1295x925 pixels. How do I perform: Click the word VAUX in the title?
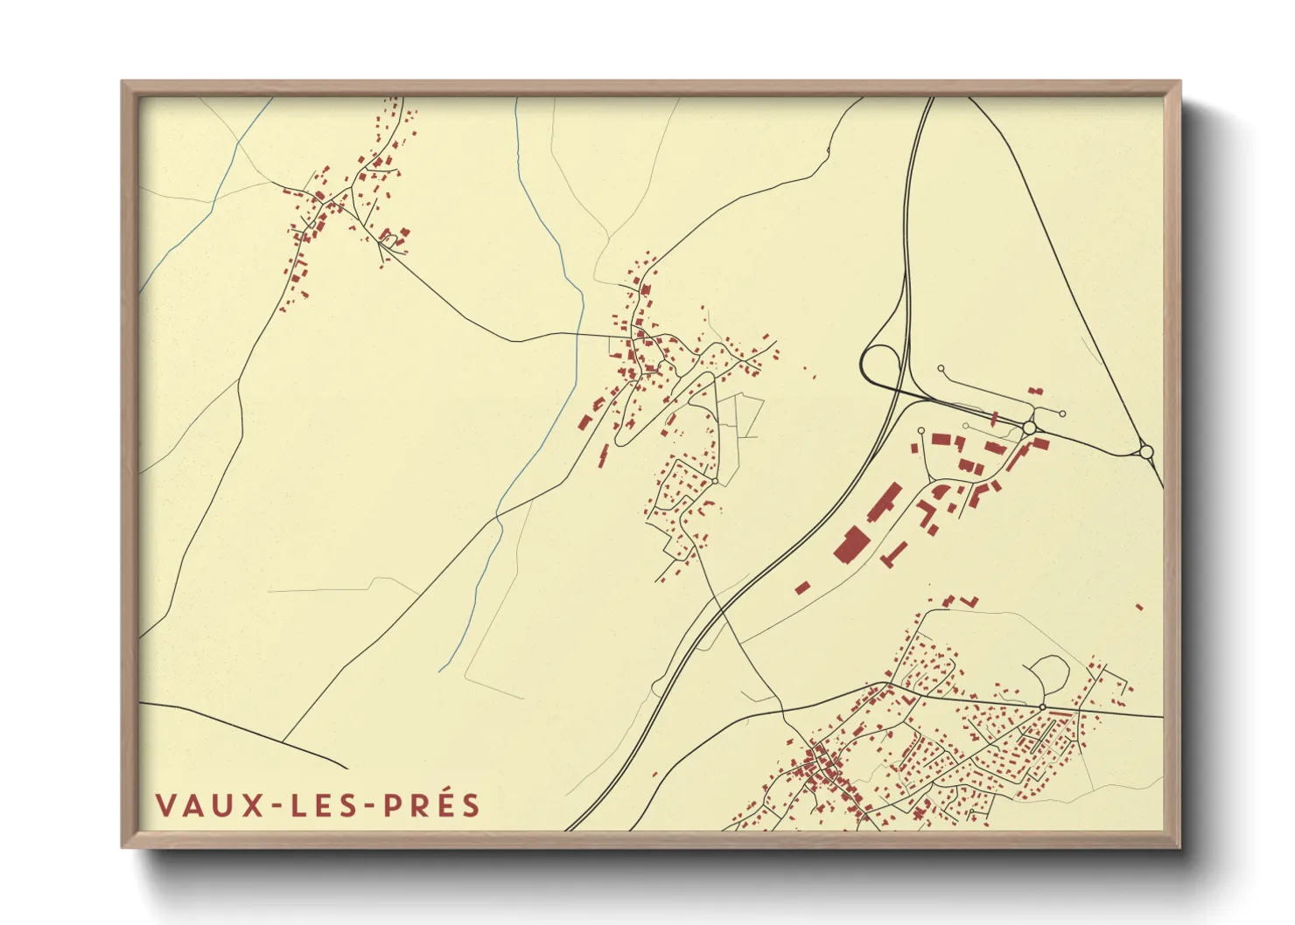(208, 805)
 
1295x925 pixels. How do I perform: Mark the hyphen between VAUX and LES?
(276, 806)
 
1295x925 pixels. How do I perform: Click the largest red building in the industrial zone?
(850, 543)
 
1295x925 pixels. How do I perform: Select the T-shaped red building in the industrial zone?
(896, 552)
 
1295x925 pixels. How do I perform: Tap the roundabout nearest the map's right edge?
(1146, 452)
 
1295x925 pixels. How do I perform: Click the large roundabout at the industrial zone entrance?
(1029, 428)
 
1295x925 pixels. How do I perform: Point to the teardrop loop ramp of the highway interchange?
(880, 362)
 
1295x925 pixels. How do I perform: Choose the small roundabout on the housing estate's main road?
(1042, 706)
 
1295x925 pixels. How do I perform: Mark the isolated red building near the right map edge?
(1138, 606)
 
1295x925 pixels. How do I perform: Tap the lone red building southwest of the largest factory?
(801, 588)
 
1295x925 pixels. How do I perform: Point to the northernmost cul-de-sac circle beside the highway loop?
(941, 369)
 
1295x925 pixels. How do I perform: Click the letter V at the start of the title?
(164, 805)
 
